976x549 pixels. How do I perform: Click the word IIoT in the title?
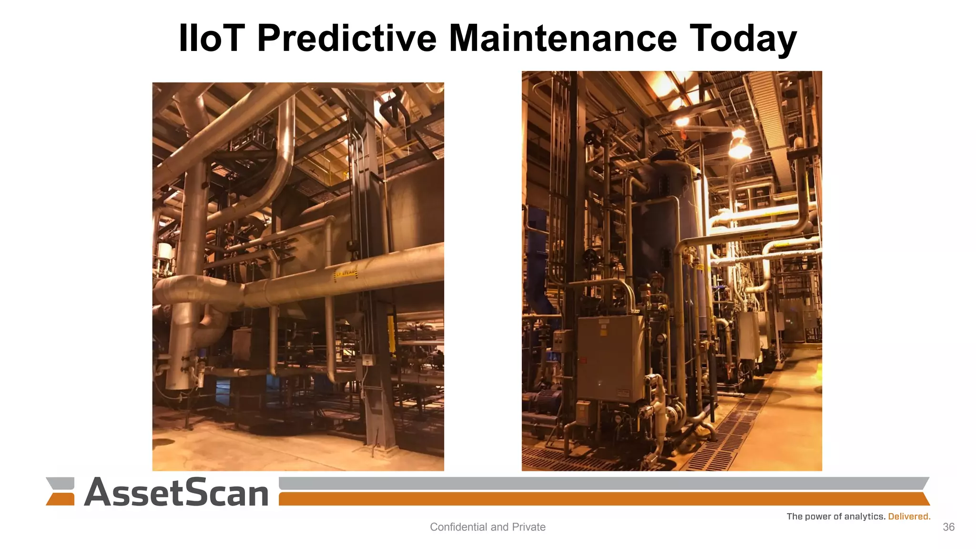211,38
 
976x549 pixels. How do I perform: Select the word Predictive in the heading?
346,38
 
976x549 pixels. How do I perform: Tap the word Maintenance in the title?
562,38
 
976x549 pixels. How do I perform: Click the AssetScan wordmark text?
176,492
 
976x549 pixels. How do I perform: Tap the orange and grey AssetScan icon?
61,491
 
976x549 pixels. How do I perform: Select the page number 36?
948,527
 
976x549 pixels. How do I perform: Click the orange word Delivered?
909,517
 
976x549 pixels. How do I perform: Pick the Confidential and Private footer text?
488,527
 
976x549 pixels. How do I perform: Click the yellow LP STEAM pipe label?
346,274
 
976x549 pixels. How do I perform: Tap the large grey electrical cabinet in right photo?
610,357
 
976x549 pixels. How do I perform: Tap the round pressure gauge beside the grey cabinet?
661,339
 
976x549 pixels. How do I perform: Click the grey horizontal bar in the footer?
603,483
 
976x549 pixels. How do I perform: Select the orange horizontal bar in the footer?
603,499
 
